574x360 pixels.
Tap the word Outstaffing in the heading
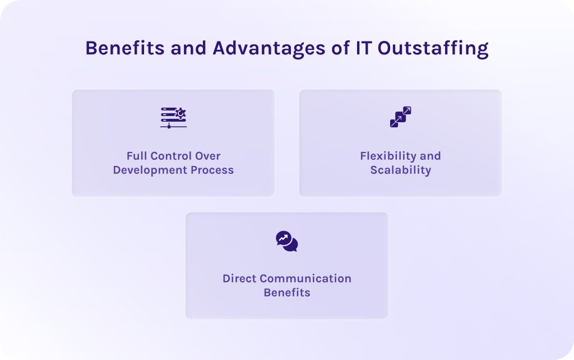point(433,48)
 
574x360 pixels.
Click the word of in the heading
point(338,48)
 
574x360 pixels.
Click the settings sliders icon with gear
point(173,118)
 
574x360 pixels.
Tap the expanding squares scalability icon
point(400,117)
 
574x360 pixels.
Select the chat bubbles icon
point(287,241)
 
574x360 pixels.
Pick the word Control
point(171,156)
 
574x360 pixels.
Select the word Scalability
point(400,170)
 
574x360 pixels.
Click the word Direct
point(240,279)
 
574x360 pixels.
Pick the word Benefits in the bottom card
point(287,293)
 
